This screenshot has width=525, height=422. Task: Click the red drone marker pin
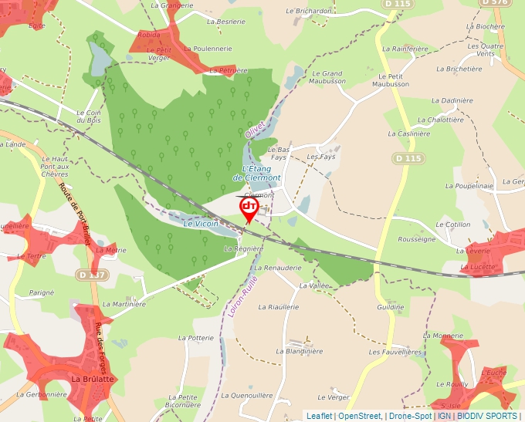point(249,209)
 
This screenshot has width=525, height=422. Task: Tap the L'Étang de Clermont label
point(256,173)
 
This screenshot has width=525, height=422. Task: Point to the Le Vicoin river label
point(201,223)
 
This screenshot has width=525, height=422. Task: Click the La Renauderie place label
point(277,268)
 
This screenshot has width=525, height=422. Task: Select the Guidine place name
point(390,307)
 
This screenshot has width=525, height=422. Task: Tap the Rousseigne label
point(417,239)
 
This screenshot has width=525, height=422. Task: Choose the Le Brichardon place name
point(308,12)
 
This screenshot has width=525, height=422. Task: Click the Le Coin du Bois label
point(90,116)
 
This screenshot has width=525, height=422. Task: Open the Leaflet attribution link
point(320,416)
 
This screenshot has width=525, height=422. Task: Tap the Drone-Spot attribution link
point(409,416)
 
